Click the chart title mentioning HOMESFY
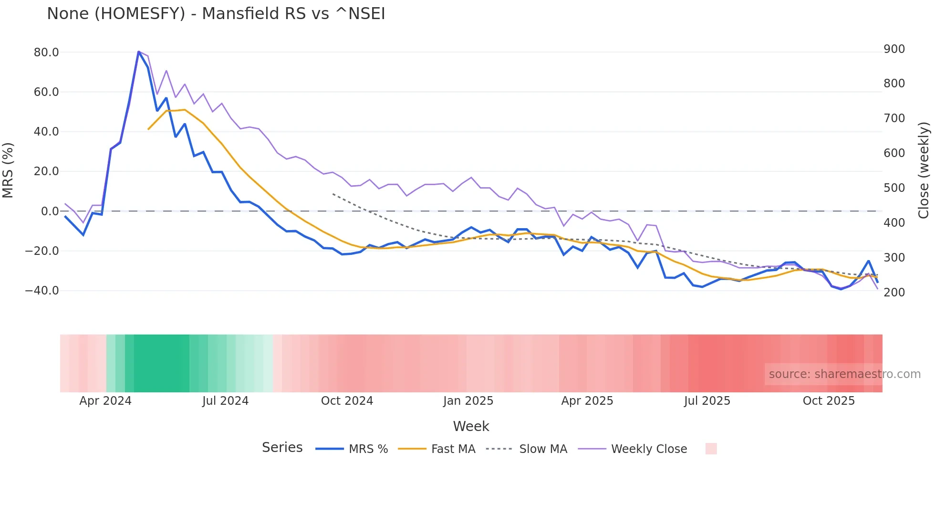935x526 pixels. [x=216, y=14]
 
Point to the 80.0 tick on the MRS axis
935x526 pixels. [x=46, y=53]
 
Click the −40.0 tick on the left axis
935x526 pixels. [x=42, y=291]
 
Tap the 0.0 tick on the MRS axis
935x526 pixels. [x=50, y=211]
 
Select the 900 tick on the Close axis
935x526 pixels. [x=894, y=49]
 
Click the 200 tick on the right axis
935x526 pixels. [x=894, y=293]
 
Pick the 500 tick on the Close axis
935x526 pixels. [x=894, y=188]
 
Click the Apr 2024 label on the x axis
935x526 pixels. [x=105, y=401]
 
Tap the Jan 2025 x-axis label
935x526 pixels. [x=468, y=401]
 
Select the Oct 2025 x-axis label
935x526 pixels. [x=829, y=401]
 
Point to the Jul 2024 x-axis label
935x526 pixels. [x=225, y=401]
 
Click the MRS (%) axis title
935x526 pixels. [x=8, y=170]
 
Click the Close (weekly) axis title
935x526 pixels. [x=924, y=170]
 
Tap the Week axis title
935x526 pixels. [x=471, y=426]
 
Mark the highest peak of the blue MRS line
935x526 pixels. [x=139, y=52]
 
